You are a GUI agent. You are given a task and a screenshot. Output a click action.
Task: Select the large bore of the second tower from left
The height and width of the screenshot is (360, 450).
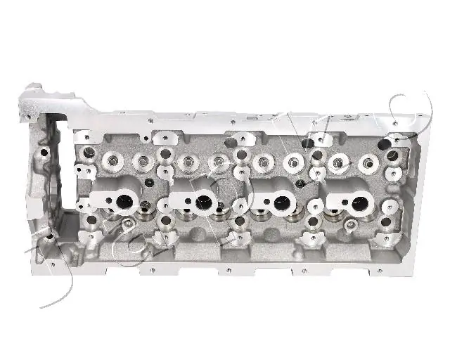click(x=205, y=202)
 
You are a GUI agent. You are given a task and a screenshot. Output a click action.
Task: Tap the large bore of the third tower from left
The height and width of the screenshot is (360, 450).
click(x=284, y=203)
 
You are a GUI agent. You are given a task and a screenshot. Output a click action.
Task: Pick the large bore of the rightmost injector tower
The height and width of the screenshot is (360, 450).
click(x=358, y=204)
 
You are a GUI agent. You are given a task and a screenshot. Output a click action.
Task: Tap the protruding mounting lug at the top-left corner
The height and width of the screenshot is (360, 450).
click(x=34, y=94)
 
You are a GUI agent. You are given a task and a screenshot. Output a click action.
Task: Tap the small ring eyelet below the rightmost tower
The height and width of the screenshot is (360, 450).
click(x=349, y=226)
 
